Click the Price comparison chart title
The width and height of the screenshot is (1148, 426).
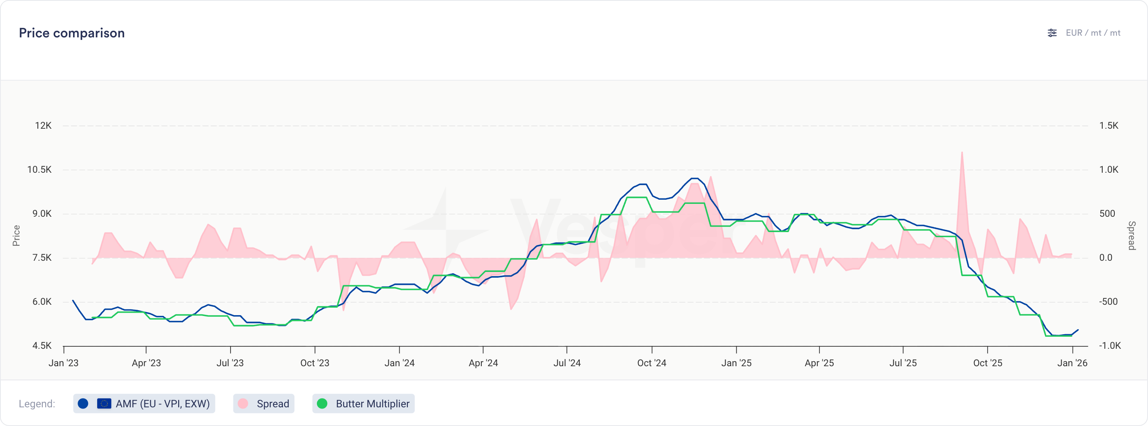pos(72,33)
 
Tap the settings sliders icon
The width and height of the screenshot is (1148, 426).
pos(1052,33)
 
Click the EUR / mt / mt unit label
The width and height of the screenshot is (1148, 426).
pos(1093,33)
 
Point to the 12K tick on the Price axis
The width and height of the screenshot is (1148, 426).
pos(43,126)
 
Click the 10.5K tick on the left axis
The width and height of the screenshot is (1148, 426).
pos(39,170)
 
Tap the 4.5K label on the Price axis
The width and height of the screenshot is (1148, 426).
pos(42,346)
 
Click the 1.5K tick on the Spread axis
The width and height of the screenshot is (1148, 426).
pos(1109,126)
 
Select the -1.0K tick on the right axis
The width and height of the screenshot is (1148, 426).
pos(1110,346)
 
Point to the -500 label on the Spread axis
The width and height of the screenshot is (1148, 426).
pos(1109,302)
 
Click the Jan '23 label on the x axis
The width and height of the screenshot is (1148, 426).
pos(63,363)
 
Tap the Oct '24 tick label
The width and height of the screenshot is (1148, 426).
pos(652,363)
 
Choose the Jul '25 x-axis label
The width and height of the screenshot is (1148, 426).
pos(903,363)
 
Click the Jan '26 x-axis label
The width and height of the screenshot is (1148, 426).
pos(1072,363)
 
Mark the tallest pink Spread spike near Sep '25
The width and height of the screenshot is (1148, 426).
pos(962,154)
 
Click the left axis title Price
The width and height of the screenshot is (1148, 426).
pos(17,236)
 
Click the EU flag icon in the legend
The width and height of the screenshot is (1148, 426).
pos(104,404)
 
